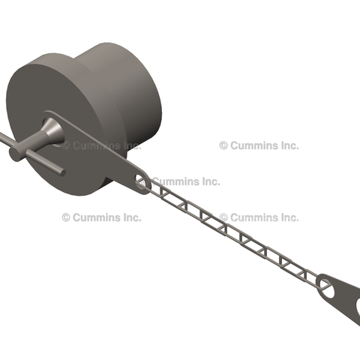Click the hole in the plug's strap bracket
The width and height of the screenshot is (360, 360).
(141, 180)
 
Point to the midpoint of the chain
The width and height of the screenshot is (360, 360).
(232, 232)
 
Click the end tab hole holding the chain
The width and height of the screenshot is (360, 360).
(325, 284)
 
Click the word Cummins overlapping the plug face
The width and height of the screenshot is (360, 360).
(101, 145)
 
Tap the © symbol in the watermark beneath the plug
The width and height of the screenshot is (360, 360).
(66, 217)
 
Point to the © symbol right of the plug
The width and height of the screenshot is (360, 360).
(223, 145)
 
